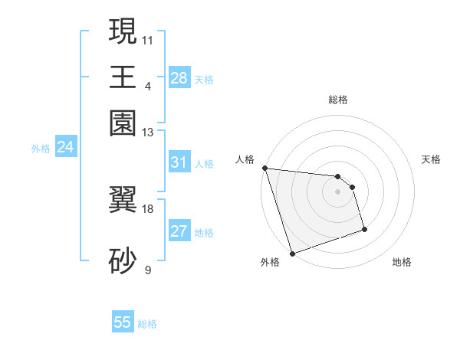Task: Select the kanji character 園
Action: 123,123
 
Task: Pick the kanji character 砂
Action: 123,260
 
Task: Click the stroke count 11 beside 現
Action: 149,39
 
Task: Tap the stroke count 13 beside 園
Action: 149,133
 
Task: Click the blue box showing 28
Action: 179,78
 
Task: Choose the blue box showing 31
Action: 179,162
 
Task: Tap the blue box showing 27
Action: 179,232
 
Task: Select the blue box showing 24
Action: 65,148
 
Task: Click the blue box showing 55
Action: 123,322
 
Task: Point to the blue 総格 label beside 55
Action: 147,324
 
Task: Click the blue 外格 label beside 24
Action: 41,149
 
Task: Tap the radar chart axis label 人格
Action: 245,159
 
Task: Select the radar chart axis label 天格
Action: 431,159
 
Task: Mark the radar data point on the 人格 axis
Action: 264,168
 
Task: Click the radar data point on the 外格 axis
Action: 293,253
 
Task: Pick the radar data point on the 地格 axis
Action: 364,229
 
